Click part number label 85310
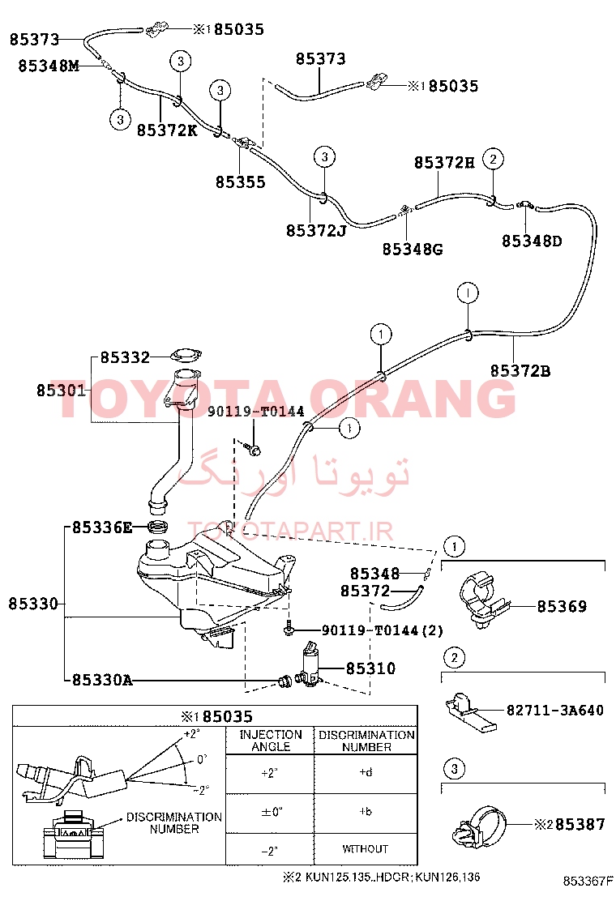click(370, 668)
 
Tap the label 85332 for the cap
click(125, 357)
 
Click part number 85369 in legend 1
click(562, 606)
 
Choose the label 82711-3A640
click(555, 711)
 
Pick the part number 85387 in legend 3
click(580, 825)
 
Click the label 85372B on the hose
click(520, 370)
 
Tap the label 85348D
click(532, 241)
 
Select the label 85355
click(240, 182)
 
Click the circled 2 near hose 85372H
click(493, 159)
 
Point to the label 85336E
click(101, 527)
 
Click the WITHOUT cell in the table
click(366, 848)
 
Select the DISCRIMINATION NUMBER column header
click(366, 741)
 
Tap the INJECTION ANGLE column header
click(271, 741)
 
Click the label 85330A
click(101, 681)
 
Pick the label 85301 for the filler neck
click(61, 391)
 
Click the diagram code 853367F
click(584, 881)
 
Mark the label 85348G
click(413, 249)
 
